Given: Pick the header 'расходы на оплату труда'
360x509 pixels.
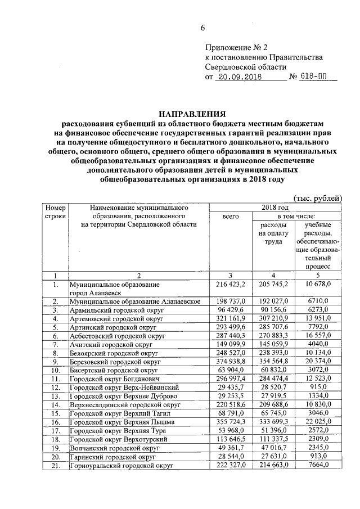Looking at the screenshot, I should (273, 233).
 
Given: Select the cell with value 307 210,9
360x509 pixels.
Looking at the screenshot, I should (273, 318).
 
